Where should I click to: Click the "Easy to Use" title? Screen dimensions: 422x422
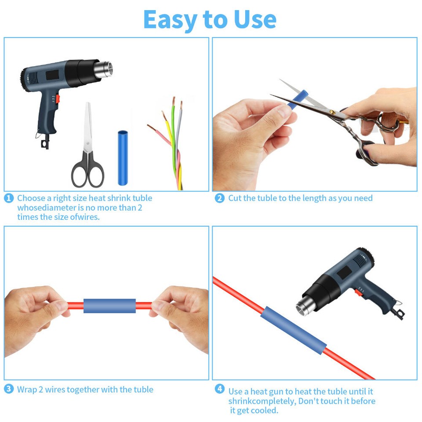pyautogui.click(x=210, y=19)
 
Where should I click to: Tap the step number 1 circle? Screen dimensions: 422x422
pyautogui.click(x=9, y=198)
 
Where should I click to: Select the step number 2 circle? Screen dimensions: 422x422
pyautogui.click(x=219, y=198)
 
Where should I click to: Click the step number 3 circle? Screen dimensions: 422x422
pyautogui.click(x=9, y=389)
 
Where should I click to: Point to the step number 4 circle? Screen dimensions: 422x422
pyautogui.click(x=220, y=389)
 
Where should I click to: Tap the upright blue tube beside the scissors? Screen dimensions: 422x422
pyautogui.click(x=122, y=157)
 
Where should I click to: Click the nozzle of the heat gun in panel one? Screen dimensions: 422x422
pyautogui.click(x=105, y=69)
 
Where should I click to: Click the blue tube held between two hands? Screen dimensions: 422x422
pyautogui.click(x=109, y=306)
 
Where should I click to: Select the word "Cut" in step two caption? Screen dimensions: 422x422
pyautogui.click(x=235, y=198)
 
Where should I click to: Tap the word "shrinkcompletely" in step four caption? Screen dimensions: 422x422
pyautogui.click(x=262, y=401)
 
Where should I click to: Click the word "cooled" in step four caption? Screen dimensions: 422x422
pyautogui.click(x=265, y=411)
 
